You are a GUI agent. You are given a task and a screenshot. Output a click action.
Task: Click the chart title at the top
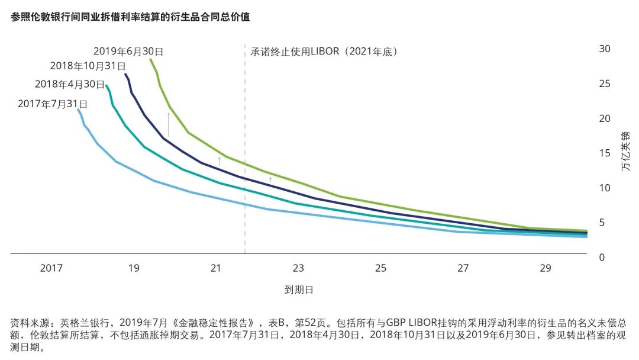pyautogui.click(x=130, y=17)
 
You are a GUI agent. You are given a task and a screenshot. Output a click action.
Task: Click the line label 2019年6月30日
pyautogui.click(x=128, y=52)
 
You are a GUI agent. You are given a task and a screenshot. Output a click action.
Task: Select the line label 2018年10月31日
pyautogui.click(x=87, y=66)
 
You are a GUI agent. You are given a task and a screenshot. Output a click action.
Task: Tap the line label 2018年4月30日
pyautogui.click(x=69, y=84)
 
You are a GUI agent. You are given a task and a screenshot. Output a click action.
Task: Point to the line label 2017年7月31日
pyautogui.click(x=53, y=104)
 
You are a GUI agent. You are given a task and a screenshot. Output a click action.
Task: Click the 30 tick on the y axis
pyautogui.click(x=605, y=49)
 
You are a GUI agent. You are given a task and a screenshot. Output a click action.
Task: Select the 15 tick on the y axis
pyautogui.click(x=605, y=153)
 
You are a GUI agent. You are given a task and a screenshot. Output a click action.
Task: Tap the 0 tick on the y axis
pyautogui.click(x=602, y=258)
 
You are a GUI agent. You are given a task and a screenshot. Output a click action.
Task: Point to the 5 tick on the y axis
pyautogui.click(x=602, y=223)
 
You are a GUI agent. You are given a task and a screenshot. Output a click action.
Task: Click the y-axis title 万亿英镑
pyautogui.click(x=626, y=152)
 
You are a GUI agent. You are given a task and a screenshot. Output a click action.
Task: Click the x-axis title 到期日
pyautogui.click(x=298, y=290)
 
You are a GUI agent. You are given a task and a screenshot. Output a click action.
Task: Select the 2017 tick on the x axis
pyautogui.click(x=51, y=268)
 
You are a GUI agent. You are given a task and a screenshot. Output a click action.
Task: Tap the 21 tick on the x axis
pyautogui.click(x=216, y=268)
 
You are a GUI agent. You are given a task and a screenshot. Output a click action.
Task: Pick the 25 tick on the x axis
pyautogui.click(x=380, y=268)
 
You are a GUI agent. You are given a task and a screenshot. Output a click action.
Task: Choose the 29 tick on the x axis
pyautogui.click(x=545, y=268)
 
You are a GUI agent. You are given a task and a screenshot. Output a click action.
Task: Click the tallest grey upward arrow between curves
pyautogui.click(x=169, y=124)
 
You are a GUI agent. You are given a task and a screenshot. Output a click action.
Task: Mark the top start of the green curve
pyautogui.click(x=151, y=59)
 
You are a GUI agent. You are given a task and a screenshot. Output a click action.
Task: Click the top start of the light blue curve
pyautogui.click(x=78, y=110)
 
